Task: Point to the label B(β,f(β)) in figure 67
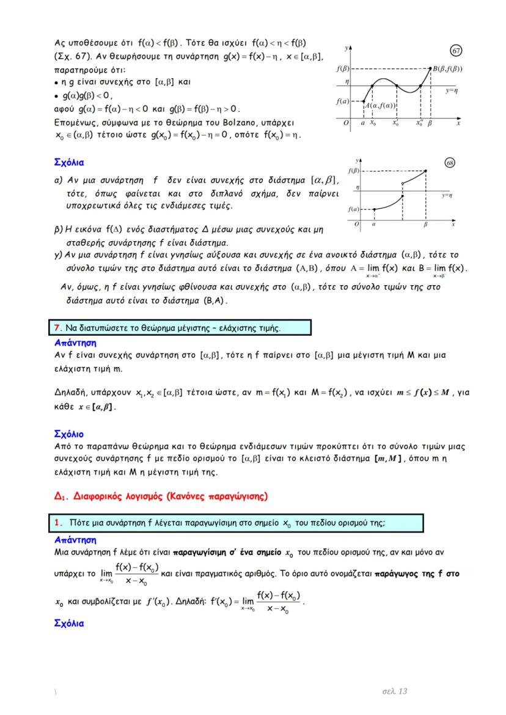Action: (x=447, y=69)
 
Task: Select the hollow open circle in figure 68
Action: (x=402, y=183)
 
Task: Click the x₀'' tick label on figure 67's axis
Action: (x=419, y=123)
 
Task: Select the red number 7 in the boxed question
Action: (x=53, y=328)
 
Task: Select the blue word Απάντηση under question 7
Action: (x=76, y=343)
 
